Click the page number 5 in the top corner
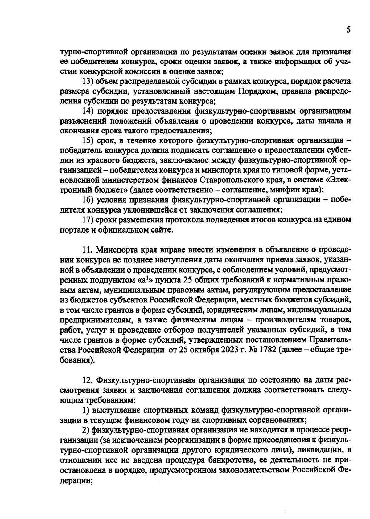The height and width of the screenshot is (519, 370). [348, 30]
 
